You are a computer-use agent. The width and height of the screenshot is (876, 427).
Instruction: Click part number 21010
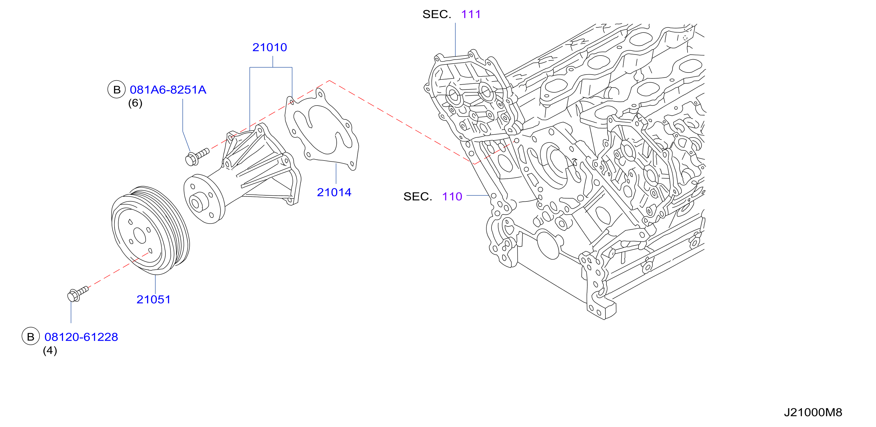[270, 47]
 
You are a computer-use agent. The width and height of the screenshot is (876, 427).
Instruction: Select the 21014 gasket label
[334, 192]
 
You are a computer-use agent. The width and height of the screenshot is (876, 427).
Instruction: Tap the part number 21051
[153, 300]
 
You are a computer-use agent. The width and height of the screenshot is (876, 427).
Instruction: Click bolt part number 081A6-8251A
[168, 90]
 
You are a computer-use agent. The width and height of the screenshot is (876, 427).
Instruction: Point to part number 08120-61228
[81, 337]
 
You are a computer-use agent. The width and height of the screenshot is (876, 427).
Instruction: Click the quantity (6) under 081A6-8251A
[135, 103]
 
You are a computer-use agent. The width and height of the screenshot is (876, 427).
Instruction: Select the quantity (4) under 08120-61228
[50, 350]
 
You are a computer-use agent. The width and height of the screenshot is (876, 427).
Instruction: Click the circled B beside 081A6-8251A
[117, 90]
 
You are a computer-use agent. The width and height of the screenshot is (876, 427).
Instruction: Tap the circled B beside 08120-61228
[31, 337]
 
